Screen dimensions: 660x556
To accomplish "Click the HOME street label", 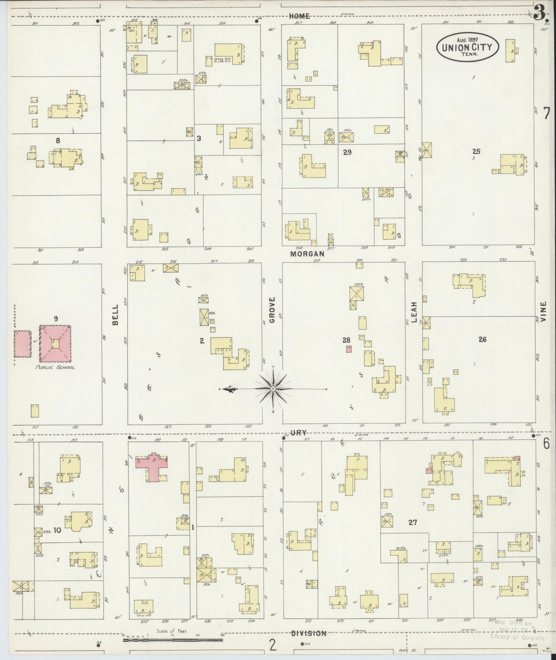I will click(x=299, y=16).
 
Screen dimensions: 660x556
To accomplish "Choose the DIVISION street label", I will click(x=309, y=633).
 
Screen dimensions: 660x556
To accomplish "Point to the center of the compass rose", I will click(x=273, y=389).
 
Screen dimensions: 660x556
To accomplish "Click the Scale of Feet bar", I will click(x=173, y=640).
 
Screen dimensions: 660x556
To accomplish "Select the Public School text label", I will click(x=55, y=367).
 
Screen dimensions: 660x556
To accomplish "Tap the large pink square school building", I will click(x=55, y=343).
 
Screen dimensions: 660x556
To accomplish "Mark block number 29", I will click(x=347, y=152).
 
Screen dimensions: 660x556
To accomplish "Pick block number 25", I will click(x=476, y=151).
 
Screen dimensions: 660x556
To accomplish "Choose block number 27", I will click(x=413, y=523).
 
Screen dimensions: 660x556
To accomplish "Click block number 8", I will click(x=58, y=141).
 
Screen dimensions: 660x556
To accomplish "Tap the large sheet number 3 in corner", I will click(x=540, y=14).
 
